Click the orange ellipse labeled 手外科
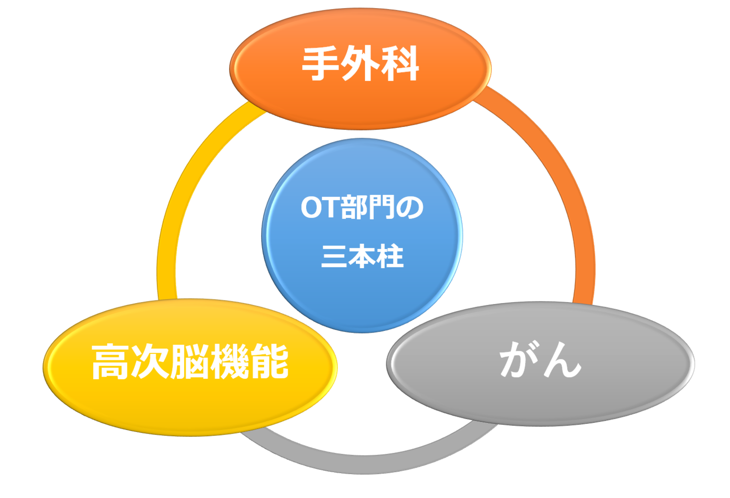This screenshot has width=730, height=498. pyautogui.click(x=360, y=96)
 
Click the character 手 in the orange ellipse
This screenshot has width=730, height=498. pyautogui.click(x=321, y=64)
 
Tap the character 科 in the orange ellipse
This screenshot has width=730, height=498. pyautogui.click(x=400, y=64)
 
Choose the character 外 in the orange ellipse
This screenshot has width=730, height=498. pyautogui.click(x=360, y=64)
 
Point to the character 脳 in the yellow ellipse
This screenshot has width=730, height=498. pyautogui.click(x=190, y=361)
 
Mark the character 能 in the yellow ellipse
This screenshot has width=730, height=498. pyautogui.click(x=269, y=361)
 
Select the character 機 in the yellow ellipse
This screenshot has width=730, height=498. pyautogui.click(x=230, y=361)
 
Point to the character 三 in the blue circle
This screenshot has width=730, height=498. pyautogui.click(x=335, y=256)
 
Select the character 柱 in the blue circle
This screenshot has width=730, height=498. pyautogui.click(x=390, y=256)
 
